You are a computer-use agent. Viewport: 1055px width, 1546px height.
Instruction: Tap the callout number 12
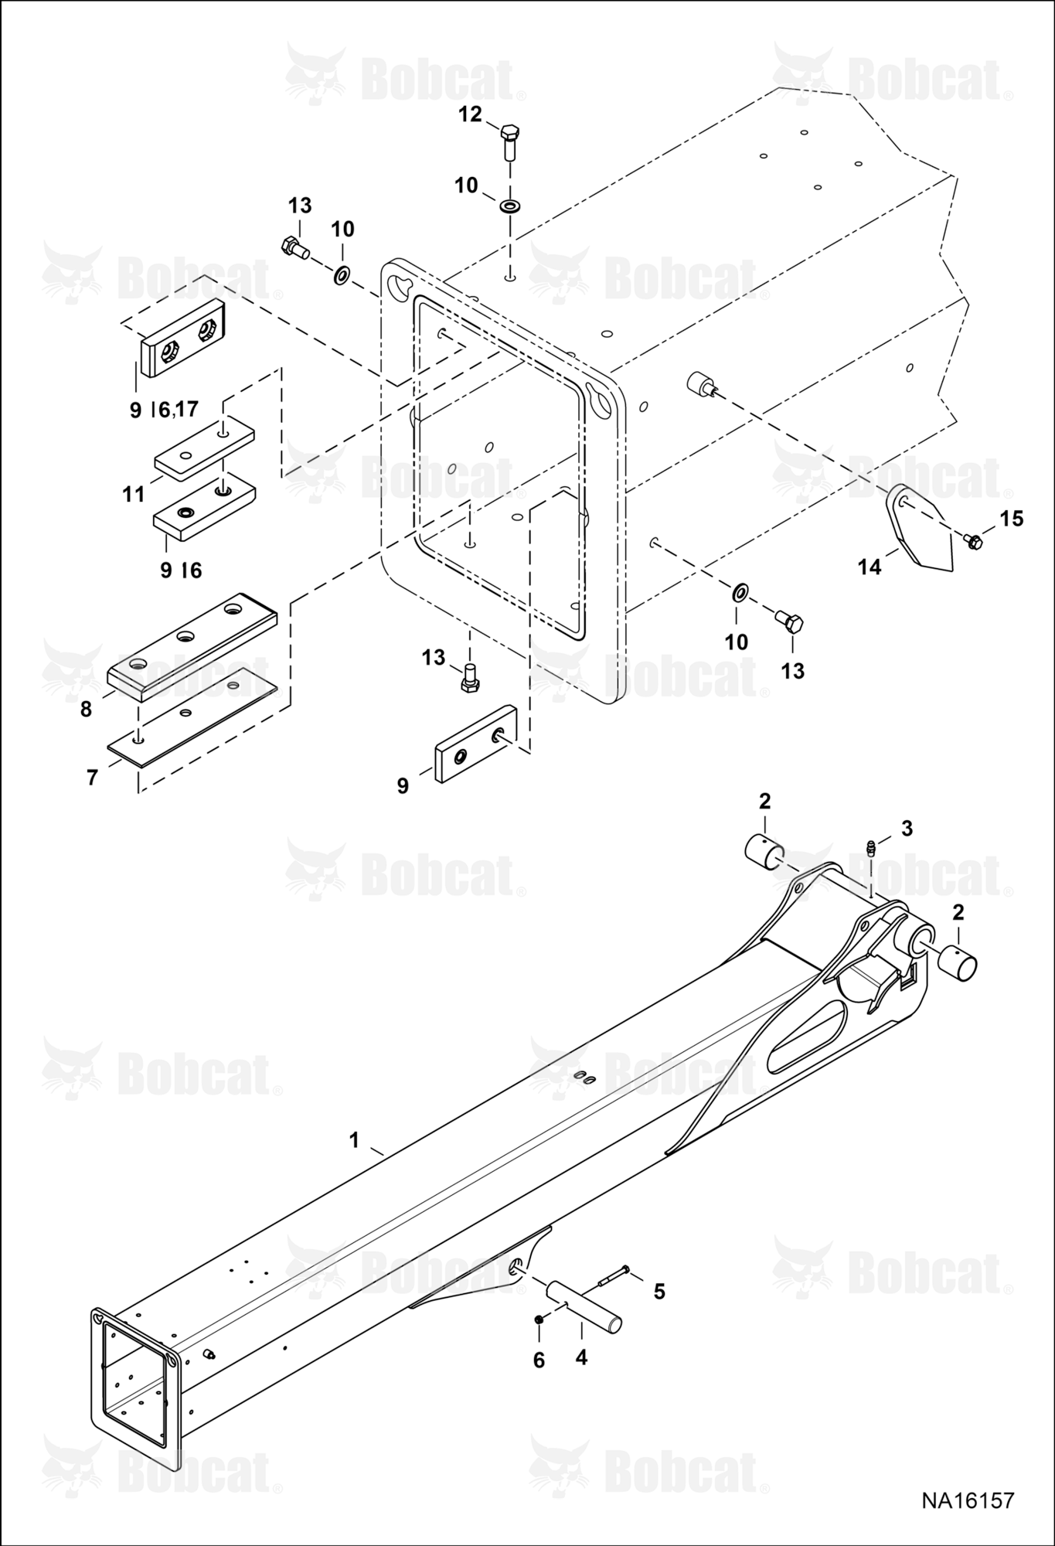pyautogui.click(x=470, y=114)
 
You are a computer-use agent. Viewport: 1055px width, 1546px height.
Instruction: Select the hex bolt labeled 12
pyautogui.click(x=509, y=141)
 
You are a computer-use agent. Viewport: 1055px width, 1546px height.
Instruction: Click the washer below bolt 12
pyautogui.click(x=510, y=206)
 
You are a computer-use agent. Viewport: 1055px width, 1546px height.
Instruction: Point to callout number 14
pyautogui.click(x=869, y=567)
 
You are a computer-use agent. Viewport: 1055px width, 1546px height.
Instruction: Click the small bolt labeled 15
pyautogui.click(x=974, y=541)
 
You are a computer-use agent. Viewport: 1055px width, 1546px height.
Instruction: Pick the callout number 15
pyautogui.click(x=1011, y=519)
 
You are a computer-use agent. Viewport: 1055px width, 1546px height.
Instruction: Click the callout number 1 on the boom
pyautogui.click(x=354, y=1141)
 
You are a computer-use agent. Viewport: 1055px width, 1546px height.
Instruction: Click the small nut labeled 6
pyautogui.click(x=539, y=1319)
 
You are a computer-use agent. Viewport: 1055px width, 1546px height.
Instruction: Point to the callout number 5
pyautogui.click(x=659, y=1292)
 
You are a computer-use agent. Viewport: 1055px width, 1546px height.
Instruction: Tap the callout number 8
pyautogui.click(x=86, y=709)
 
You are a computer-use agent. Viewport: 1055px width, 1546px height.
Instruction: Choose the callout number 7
pyautogui.click(x=92, y=777)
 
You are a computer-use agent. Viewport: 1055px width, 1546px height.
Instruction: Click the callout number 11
pyautogui.click(x=134, y=494)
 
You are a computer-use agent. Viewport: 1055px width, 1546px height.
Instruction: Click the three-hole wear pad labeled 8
pyautogui.click(x=191, y=647)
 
